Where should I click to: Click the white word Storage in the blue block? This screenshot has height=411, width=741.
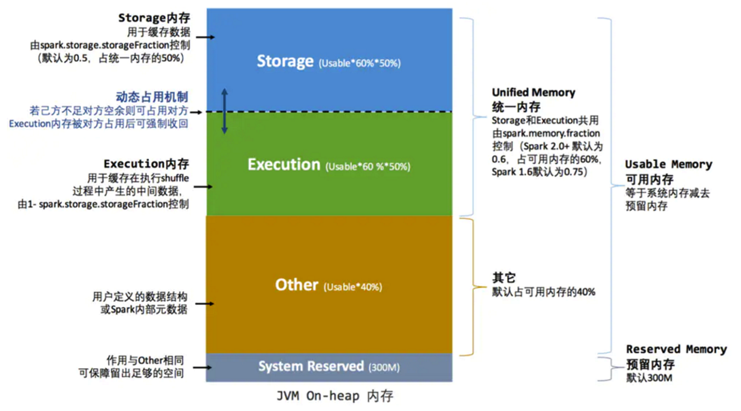(284, 61)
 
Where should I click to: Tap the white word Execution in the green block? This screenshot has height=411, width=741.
(283, 165)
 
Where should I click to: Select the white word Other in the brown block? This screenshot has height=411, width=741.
(297, 284)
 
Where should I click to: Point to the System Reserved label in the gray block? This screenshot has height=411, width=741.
(311, 366)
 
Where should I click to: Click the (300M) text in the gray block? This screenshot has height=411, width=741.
(384, 367)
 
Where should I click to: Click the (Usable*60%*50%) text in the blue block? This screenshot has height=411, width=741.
(359, 63)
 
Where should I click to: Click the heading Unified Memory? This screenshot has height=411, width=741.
(533, 93)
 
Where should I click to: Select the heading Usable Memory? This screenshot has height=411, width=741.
(668, 165)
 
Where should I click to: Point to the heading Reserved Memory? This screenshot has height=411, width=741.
(676, 349)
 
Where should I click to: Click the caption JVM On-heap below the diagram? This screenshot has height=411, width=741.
(333, 396)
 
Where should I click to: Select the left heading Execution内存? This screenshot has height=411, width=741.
(146, 164)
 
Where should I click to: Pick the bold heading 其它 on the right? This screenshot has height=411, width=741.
(504, 278)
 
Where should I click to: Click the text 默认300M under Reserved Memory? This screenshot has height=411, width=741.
(649, 377)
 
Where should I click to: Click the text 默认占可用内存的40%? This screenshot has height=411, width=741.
(544, 292)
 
